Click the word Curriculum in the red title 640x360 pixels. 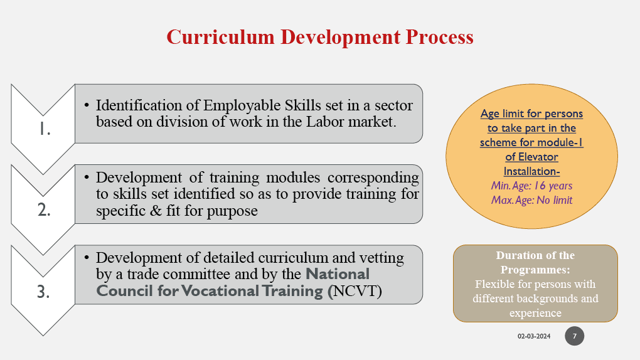tap(220, 37)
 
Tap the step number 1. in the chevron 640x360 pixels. tap(45, 129)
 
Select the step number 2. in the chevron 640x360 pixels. tap(44, 210)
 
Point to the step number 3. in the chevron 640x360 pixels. tap(44, 292)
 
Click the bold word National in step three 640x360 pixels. tap(338, 274)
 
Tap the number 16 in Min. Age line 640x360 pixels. tap(539, 186)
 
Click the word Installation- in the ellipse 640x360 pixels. tap(531, 171)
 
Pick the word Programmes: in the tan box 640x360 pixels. tap(535, 270)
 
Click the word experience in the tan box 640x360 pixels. tap(535, 314)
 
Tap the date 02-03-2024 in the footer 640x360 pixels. tap(534, 336)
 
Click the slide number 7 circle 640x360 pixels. tap(574, 336)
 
